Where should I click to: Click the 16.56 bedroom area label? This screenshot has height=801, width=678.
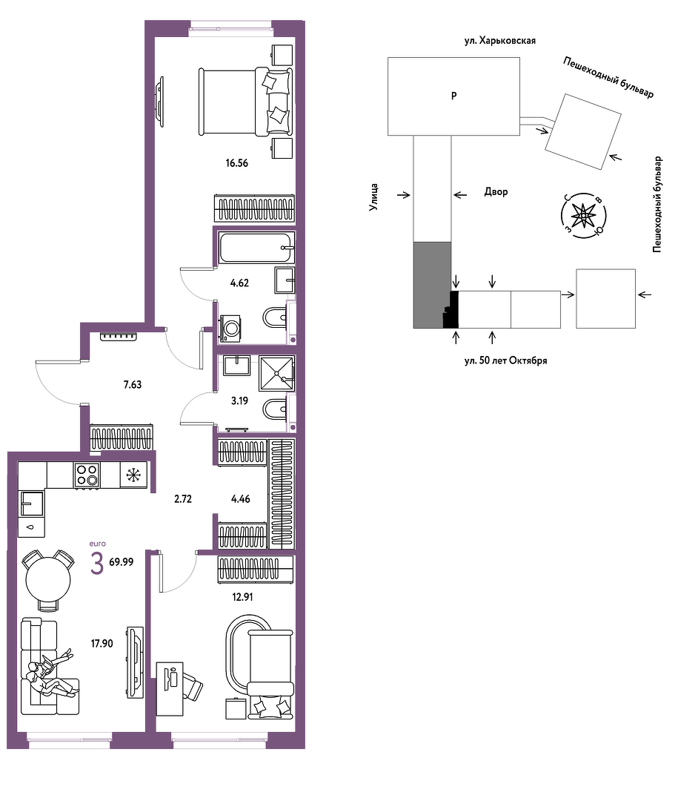pyautogui.click(x=237, y=163)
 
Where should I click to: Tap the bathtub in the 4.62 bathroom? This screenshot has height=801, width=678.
pyautogui.click(x=256, y=248)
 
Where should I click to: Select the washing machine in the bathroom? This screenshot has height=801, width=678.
pyautogui.click(x=230, y=328)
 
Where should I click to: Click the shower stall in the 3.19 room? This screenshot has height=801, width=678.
pyautogui.click(x=276, y=373)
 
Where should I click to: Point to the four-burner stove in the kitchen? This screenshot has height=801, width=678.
pyautogui.click(x=86, y=475)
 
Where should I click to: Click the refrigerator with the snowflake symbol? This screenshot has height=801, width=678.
pyautogui.click(x=134, y=475)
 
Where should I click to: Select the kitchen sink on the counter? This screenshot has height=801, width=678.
pyautogui.click(x=32, y=503)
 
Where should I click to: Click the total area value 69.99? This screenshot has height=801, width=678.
pyautogui.click(x=122, y=562)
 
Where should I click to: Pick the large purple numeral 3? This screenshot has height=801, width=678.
pyautogui.click(x=97, y=564)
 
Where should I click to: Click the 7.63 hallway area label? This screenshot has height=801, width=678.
pyautogui.click(x=133, y=385)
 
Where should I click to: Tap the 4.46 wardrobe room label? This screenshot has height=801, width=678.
pyautogui.click(x=241, y=499)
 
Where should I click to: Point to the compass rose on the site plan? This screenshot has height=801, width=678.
pyautogui.click(x=582, y=216)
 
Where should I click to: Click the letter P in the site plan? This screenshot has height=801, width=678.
pyautogui.click(x=454, y=96)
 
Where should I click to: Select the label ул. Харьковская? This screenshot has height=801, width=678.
pyautogui.click(x=500, y=41)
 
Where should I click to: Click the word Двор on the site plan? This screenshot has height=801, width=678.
pyautogui.click(x=496, y=192)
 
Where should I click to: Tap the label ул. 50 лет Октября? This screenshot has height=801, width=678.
pyautogui.click(x=505, y=360)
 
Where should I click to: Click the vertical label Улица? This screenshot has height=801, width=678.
pyautogui.click(x=374, y=197)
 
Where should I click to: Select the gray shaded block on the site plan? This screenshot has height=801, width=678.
pyautogui.click(x=432, y=285)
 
